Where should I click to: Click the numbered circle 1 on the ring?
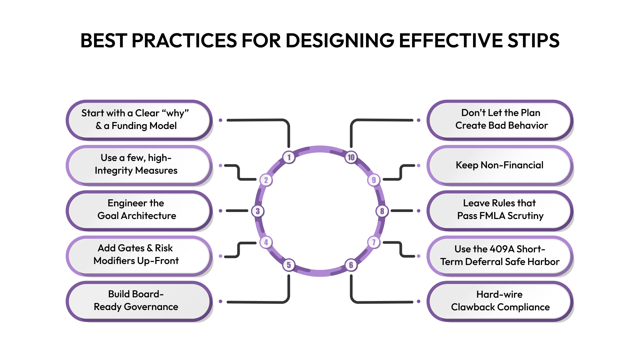[x=289, y=157]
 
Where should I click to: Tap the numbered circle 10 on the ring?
[x=351, y=157]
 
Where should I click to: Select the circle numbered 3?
[x=258, y=211]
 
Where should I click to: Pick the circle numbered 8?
[x=382, y=211]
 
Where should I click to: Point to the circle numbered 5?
[x=289, y=265]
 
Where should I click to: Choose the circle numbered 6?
[x=351, y=265]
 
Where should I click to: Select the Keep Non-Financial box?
[x=500, y=165]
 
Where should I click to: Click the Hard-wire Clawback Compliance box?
[x=500, y=301]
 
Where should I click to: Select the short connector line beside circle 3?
[x=237, y=211]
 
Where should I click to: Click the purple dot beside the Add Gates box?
[x=220, y=256]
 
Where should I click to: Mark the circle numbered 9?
[x=374, y=180]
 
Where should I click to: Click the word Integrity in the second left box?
[x=114, y=171]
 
